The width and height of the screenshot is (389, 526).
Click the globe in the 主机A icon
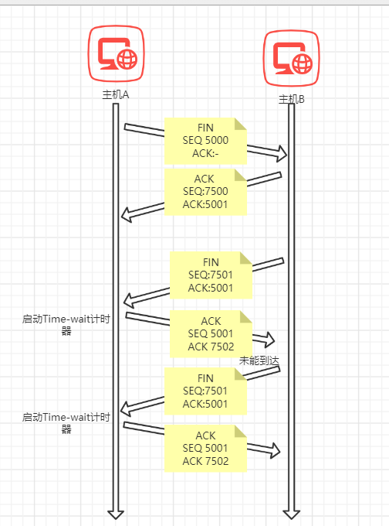[x=127, y=60]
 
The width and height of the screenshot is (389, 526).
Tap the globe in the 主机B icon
[x=302, y=63]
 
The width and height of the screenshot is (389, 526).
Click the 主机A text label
[x=116, y=94]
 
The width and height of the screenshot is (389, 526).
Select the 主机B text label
[x=292, y=99]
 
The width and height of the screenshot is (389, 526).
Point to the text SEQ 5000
[x=205, y=140]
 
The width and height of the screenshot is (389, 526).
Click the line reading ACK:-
[x=205, y=153]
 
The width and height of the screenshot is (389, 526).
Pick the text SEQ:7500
[x=205, y=191]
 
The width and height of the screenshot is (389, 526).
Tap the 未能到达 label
[x=259, y=361]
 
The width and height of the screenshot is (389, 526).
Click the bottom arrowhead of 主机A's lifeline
[x=116, y=514]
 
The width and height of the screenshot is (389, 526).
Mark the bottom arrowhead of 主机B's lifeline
[x=291, y=514]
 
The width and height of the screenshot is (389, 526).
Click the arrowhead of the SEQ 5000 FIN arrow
[x=282, y=154]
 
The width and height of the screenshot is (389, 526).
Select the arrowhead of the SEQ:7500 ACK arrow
[x=126, y=215]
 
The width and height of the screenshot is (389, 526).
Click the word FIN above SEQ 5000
[x=205, y=128]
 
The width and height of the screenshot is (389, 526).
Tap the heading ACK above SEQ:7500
[x=205, y=179]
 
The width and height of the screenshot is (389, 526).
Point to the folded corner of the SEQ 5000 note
[x=240, y=124]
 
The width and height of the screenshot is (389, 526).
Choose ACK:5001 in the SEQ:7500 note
[x=205, y=204]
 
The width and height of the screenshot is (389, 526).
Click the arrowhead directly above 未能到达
[x=269, y=340]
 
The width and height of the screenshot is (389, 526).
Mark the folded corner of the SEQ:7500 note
[x=240, y=175]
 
